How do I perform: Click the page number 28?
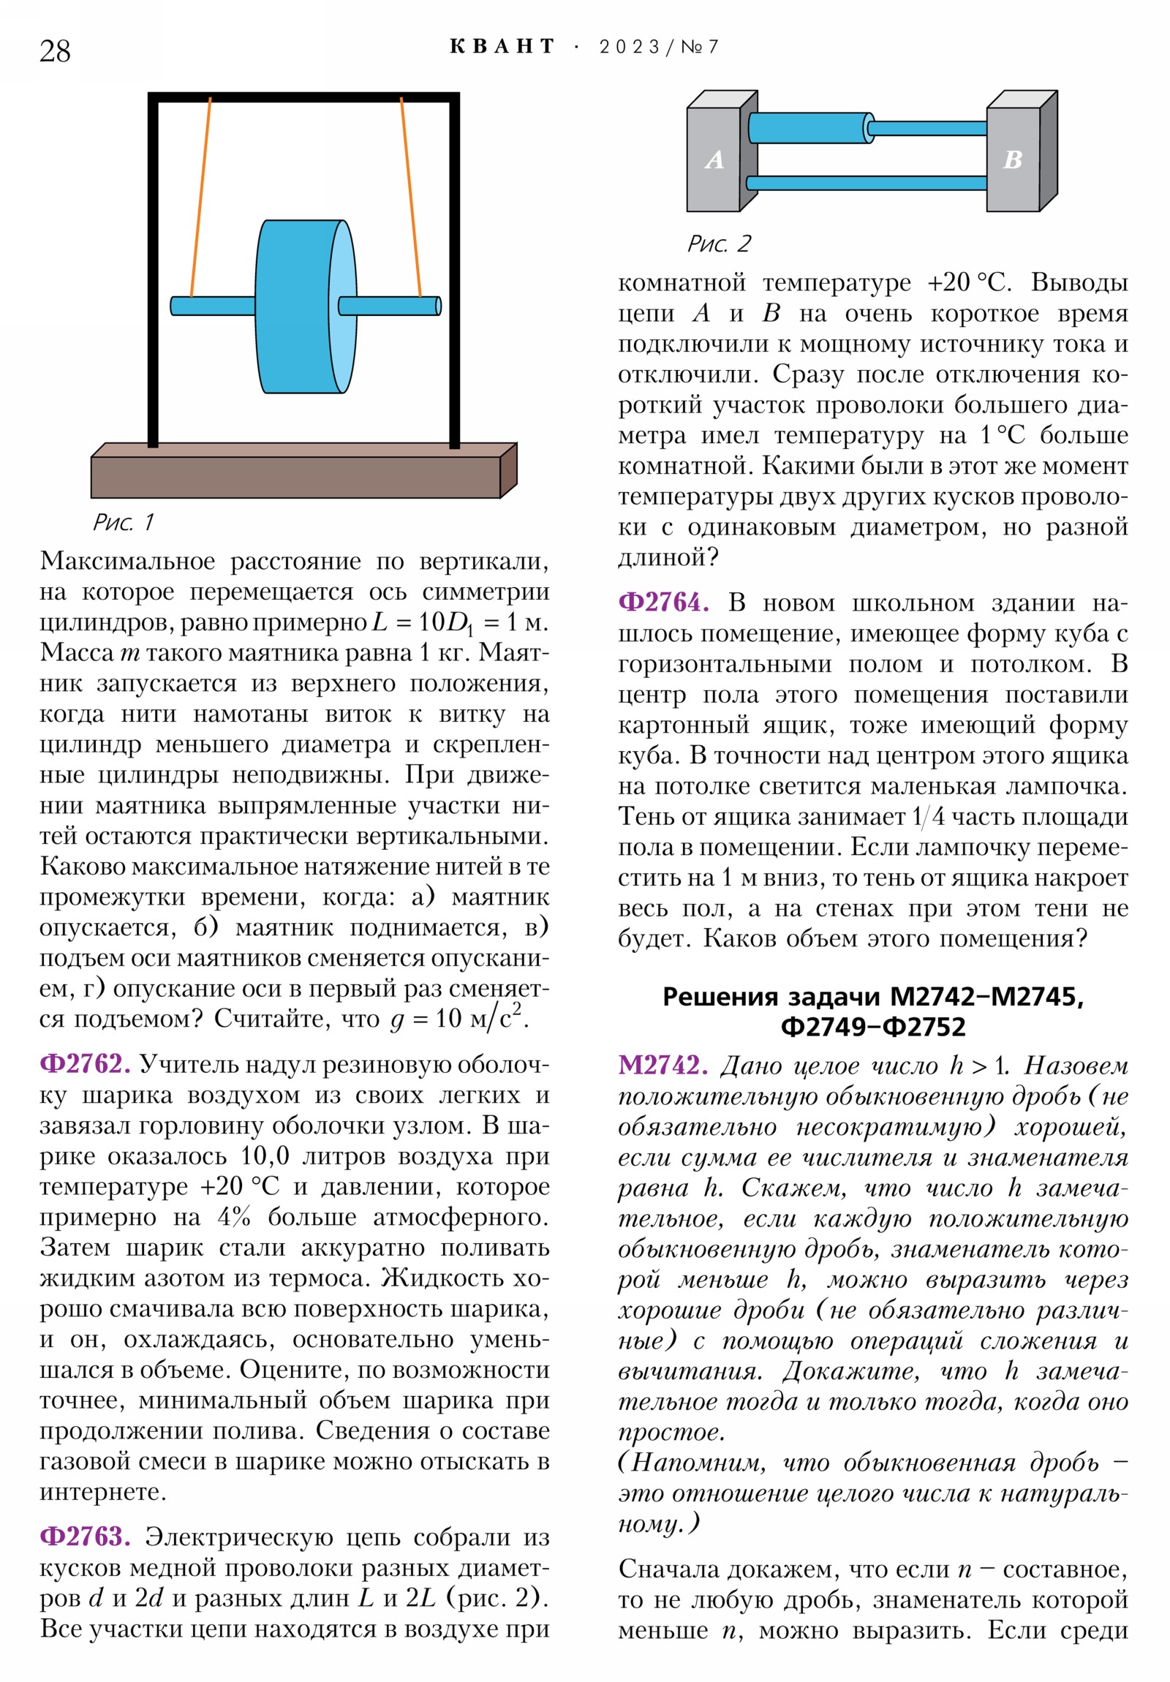[55, 51]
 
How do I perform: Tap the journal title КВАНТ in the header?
[502, 47]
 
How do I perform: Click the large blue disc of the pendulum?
[297, 306]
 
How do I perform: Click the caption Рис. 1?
[123, 522]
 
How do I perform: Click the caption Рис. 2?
[719, 244]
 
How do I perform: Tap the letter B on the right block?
[1013, 159]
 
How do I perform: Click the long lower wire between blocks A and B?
[866, 183]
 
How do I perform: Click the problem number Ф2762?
[85, 1065]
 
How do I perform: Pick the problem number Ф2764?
[664, 602]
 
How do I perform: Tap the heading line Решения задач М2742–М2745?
[872, 996]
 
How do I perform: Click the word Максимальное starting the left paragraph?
[127, 560]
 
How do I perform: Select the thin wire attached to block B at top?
[926, 128]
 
